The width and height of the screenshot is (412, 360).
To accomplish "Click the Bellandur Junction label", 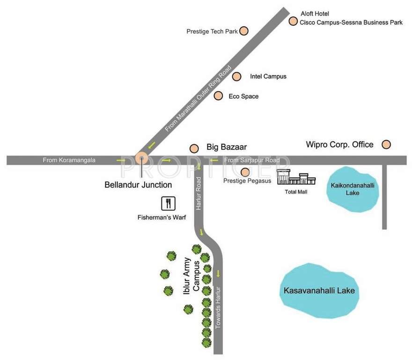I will tap(138, 185).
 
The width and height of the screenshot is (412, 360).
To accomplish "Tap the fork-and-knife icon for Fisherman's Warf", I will tap(169, 203).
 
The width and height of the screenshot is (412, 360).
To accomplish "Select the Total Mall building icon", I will tap(296, 178).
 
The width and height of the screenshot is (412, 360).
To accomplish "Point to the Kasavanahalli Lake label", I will tap(319, 291).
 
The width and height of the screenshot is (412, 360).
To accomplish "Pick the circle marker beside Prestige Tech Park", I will tap(244, 31).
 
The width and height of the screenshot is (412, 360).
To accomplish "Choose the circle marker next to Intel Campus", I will tap(237, 76).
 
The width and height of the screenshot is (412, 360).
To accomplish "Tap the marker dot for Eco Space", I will tap(218, 96).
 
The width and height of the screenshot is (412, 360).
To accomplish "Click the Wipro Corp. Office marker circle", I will tap(386, 144).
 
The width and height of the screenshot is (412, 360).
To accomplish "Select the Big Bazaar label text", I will tap(227, 147).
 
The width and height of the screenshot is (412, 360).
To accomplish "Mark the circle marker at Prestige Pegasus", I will tap(244, 172).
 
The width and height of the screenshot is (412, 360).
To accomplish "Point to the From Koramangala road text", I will tap(69, 160).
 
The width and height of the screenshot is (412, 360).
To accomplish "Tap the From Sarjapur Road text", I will tap(252, 160).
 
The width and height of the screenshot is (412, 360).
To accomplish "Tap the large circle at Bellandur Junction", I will tap(141, 159).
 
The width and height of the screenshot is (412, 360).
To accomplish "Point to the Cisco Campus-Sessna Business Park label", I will tap(351, 22).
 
